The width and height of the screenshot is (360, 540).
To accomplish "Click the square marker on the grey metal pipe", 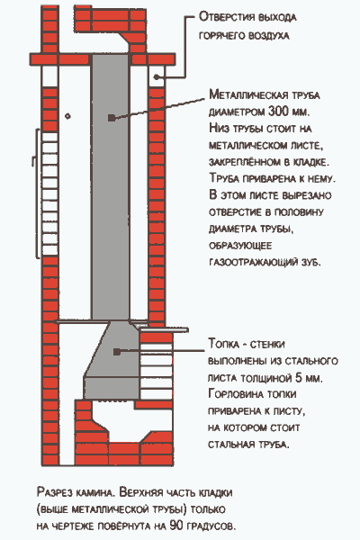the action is tap(111, 118).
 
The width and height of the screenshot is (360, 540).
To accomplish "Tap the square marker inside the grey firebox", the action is tap(117, 352).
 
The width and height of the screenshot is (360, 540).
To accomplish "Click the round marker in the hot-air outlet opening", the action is tap(157, 76).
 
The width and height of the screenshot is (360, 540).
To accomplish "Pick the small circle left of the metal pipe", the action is tap(67, 116).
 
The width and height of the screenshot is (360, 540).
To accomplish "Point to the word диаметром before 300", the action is tap(237, 112).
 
